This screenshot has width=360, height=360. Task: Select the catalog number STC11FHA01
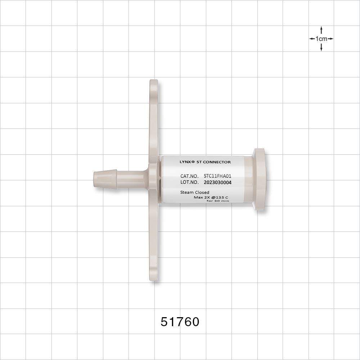point(217,176)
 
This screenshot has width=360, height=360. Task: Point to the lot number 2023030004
point(217,183)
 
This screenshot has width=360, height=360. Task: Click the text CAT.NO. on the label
point(189,176)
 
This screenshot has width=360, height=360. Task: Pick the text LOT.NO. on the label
point(189,183)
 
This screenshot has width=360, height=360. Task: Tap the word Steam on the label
point(186,193)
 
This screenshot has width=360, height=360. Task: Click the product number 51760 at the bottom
point(180,321)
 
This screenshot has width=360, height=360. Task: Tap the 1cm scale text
point(321,39)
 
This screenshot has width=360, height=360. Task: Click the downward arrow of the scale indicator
point(321,48)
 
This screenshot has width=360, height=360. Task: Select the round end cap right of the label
point(260,179)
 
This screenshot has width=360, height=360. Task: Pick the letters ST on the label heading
point(200,162)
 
